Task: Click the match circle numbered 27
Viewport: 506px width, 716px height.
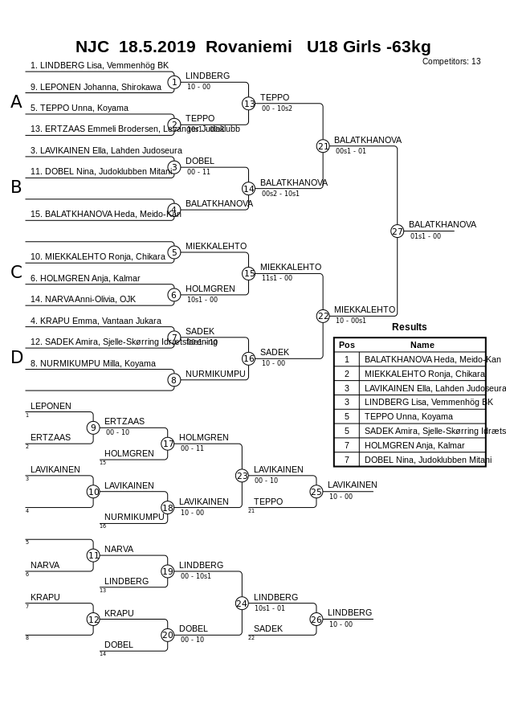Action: click(397, 231)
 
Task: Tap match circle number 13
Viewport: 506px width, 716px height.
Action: click(249, 104)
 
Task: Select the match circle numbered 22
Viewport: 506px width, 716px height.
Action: click(323, 316)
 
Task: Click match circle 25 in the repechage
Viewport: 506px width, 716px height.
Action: click(316, 492)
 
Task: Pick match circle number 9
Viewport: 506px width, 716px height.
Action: click(93, 428)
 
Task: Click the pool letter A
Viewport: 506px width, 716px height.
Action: click(16, 102)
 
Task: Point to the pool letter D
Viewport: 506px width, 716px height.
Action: click(16, 358)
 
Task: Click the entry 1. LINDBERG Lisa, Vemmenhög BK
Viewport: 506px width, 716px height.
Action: click(100, 65)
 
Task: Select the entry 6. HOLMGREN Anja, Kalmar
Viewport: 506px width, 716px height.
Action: click(85, 278)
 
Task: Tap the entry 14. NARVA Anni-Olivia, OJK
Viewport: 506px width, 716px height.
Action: click(83, 299)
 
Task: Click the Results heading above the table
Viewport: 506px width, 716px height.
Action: click(410, 327)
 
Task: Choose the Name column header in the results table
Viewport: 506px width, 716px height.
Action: click(422, 345)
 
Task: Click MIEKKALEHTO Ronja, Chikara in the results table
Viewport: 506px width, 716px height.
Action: click(424, 374)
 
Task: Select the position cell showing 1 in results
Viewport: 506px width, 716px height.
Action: click(347, 359)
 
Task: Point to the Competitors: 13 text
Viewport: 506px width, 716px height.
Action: click(451, 61)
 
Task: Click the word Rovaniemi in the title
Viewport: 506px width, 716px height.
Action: click(249, 47)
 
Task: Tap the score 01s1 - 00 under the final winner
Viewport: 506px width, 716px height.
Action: click(426, 236)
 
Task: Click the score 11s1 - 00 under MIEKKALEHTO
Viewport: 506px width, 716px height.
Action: click(277, 278)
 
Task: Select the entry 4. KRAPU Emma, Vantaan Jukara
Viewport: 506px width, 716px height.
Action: click(96, 321)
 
